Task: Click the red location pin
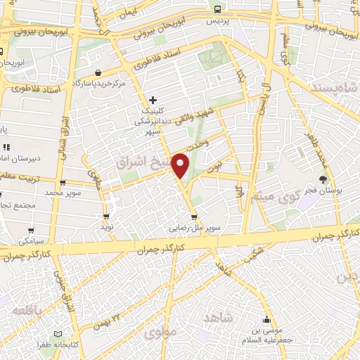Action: coord(182,164)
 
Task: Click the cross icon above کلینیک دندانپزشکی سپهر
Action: coord(153,100)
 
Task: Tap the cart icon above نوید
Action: coord(106,217)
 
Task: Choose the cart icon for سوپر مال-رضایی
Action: coord(194,217)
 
